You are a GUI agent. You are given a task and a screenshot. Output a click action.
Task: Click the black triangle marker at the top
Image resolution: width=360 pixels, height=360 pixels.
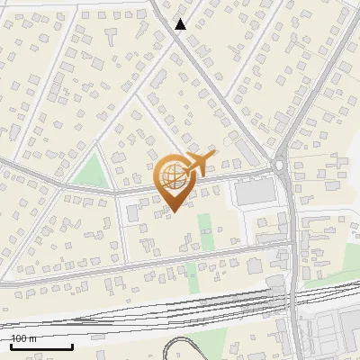(x=180, y=24)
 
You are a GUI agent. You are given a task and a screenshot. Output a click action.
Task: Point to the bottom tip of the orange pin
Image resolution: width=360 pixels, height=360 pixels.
(x=173, y=211)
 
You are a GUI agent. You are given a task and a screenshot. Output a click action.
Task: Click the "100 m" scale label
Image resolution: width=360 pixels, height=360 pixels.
(x=23, y=338)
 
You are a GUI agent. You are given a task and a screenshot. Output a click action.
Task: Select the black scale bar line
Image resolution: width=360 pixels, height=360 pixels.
(x=41, y=346)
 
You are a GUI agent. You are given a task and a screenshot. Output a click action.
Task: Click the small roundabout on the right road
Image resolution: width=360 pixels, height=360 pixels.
(x=280, y=165)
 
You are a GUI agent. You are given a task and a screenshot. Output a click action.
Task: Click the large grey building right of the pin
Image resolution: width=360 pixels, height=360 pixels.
(x=256, y=192)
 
